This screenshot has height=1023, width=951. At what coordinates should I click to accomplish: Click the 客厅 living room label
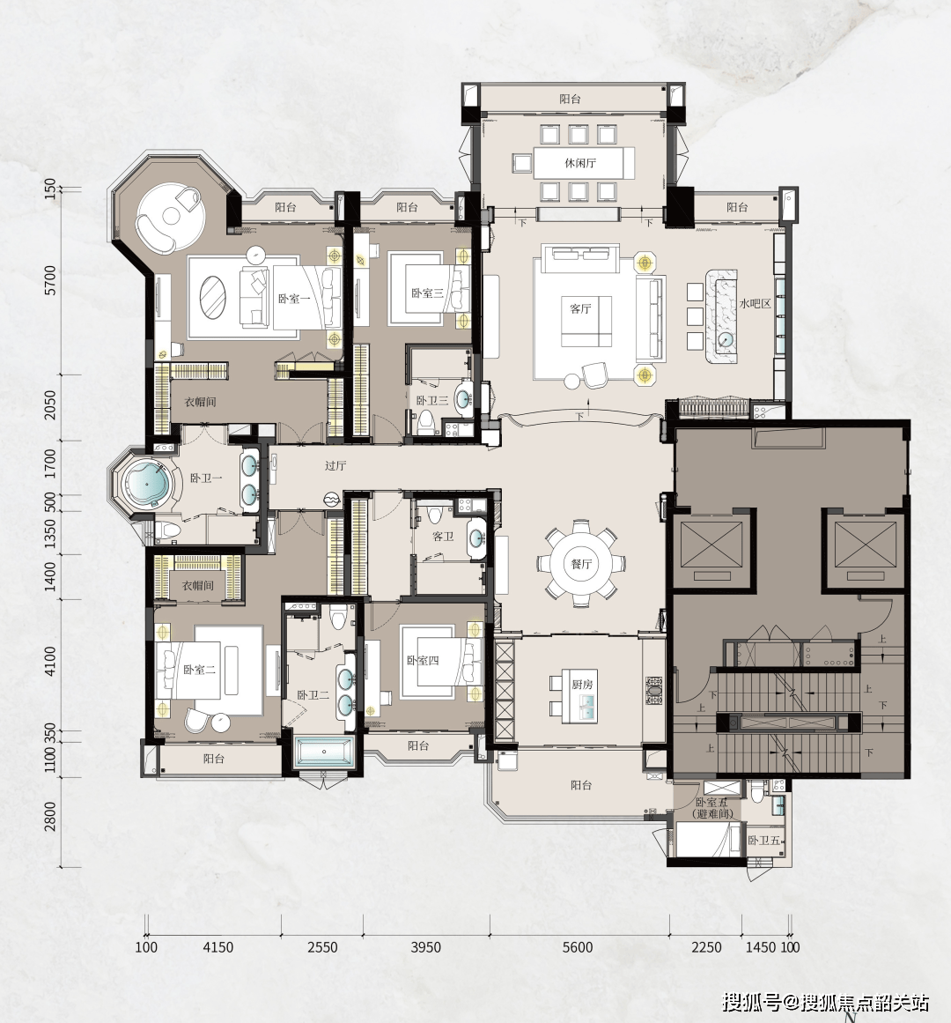click(580, 308)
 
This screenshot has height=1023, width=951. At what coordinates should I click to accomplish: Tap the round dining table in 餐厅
click(581, 564)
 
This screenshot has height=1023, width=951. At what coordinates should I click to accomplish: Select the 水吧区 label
click(755, 303)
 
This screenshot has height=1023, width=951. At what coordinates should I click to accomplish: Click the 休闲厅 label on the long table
click(580, 163)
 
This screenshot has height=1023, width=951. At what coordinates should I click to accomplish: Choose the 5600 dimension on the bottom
click(578, 947)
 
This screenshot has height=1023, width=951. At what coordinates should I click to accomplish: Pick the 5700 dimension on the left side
click(51, 280)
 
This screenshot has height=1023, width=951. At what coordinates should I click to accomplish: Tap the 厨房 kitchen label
click(582, 685)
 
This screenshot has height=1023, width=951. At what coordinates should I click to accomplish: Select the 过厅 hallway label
click(335, 466)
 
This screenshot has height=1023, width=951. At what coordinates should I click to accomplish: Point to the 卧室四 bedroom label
click(423, 660)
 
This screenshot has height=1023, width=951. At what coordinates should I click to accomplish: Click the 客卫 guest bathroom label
click(443, 537)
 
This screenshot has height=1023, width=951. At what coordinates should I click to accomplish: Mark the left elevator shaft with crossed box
click(711, 545)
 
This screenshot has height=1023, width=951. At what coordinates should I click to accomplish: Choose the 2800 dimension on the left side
click(51, 817)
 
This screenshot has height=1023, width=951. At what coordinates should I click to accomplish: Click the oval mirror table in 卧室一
click(212, 297)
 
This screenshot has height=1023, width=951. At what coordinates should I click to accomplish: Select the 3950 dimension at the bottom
click(425, 947)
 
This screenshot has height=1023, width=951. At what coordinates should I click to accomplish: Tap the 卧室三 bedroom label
click(427, 293)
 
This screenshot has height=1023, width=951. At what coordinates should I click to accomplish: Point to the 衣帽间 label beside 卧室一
click(200, 402)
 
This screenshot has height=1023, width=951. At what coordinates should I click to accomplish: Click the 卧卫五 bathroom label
click(764, 841)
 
